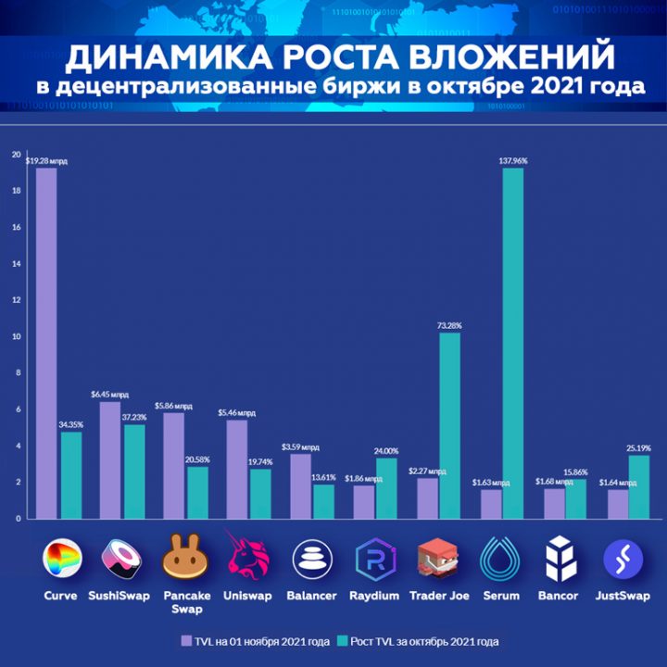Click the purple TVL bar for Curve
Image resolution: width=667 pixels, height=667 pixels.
(46, 343)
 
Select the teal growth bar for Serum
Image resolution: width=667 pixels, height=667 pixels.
(513, 343)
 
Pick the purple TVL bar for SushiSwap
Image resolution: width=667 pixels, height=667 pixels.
(110, 459)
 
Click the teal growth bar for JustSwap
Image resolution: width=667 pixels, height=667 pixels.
(639, 486)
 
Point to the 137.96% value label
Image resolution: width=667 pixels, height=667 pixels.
(513, 161)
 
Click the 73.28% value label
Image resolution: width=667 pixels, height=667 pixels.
(449, 325)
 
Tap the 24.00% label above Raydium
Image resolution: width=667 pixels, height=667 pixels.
(386, 451)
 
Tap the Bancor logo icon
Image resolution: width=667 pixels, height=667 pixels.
(560, 559)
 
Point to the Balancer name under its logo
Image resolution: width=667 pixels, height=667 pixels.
(312, 596)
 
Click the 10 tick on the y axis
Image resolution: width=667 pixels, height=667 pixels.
(16, 336)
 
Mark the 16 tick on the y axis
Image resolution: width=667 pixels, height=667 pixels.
(16, 227)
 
